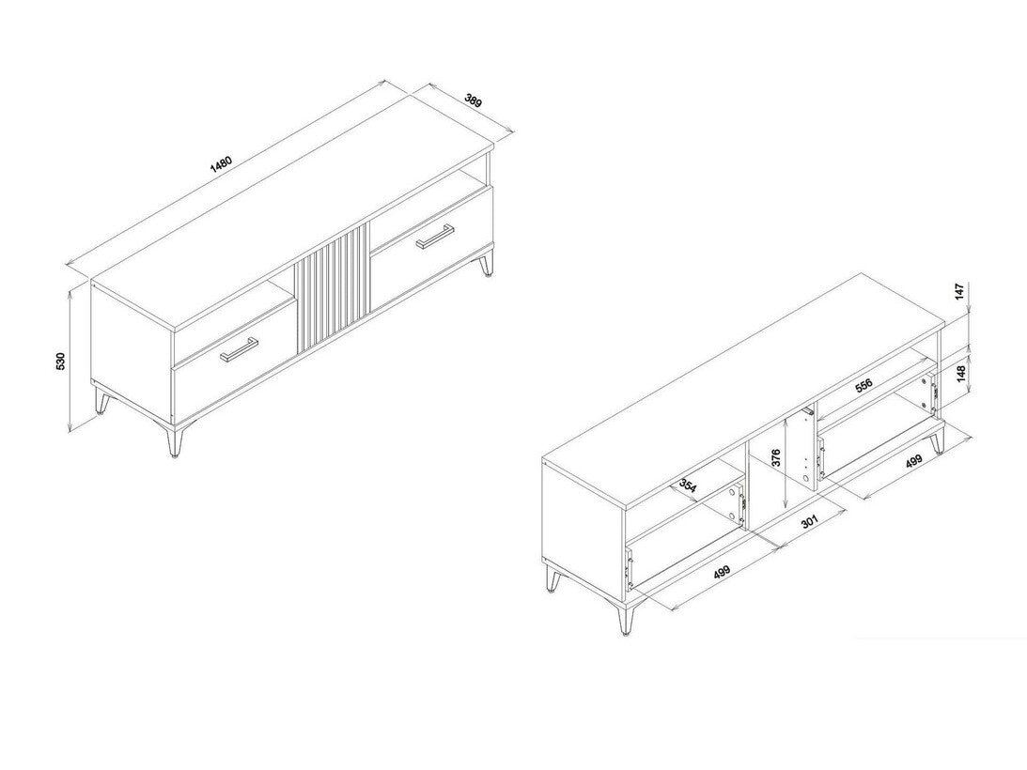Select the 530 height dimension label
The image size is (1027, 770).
click(60, 361)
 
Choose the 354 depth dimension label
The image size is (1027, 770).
click(688, 486)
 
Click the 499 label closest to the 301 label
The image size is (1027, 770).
click(722, 572)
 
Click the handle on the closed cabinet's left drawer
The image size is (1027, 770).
click(240, 348)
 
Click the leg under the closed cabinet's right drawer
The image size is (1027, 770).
click(486, 265)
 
